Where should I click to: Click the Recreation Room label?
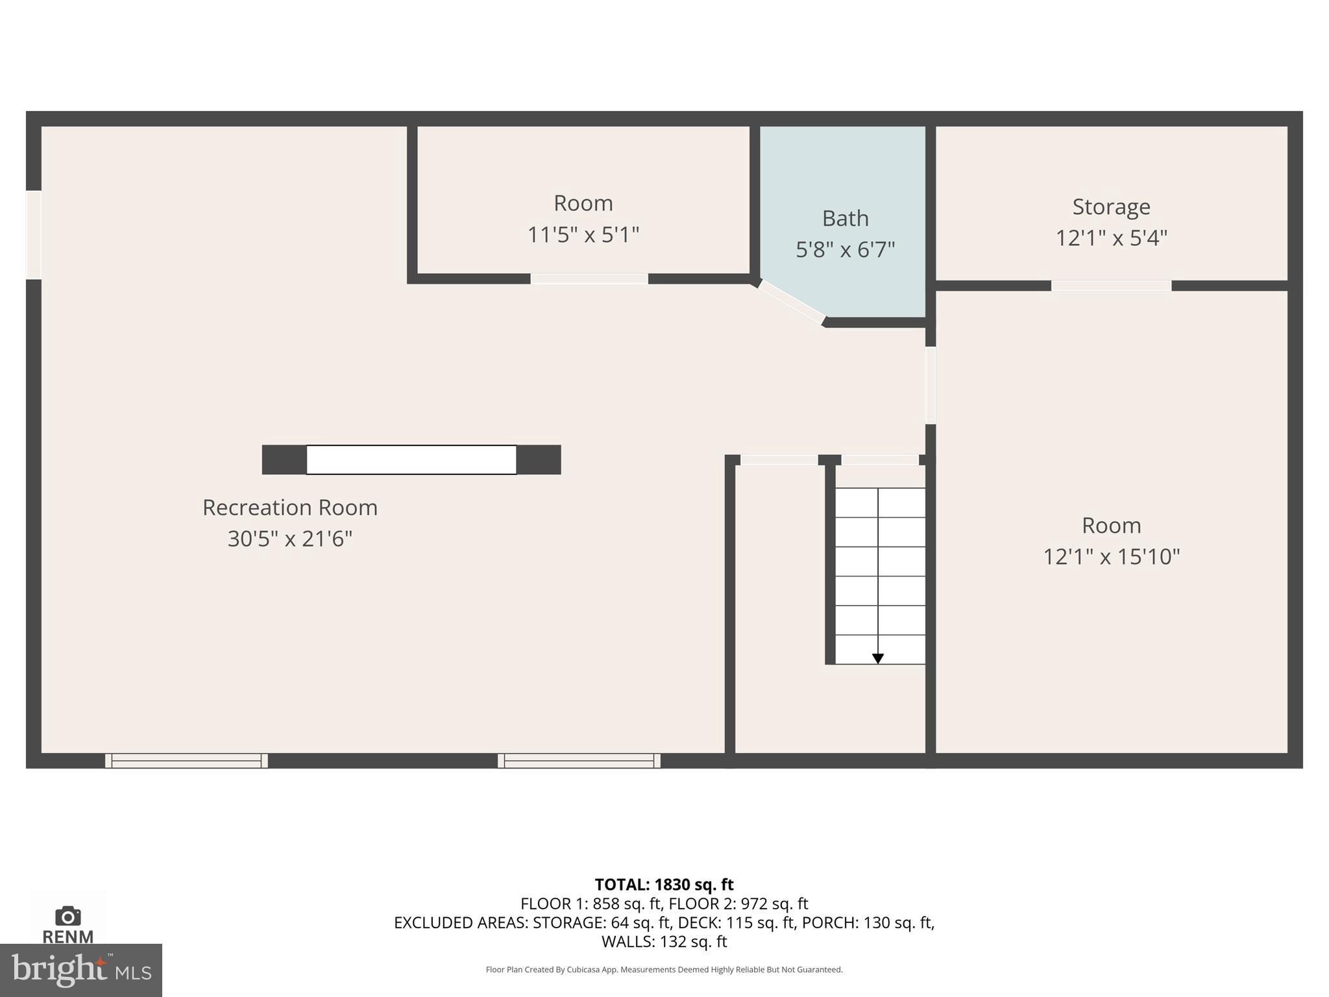(289, 508)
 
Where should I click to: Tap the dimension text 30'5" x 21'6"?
(289, 539)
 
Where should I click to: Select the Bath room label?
(845, 219)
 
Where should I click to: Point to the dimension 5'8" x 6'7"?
(845, 250)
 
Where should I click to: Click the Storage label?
(1111, 207)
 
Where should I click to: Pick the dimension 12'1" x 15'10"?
(1111, 557)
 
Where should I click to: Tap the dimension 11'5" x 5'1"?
(583, 235)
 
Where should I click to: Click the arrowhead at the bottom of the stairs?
(877, 659)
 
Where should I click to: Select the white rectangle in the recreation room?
(411, 460)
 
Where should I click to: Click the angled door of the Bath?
(792, 301)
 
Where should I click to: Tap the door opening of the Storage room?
(1111, 286)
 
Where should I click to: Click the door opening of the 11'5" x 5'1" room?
(589, 279)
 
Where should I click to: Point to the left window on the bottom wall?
(186, 761)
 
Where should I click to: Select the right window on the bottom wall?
(579, 761)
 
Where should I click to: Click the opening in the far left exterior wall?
(34, 235)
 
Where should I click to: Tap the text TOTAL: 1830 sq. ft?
(664, 885)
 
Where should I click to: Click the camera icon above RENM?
(67, 917)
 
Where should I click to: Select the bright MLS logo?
(80, 970)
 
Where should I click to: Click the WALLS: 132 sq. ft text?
(664, 942)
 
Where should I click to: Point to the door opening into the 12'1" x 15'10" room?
(930, 386)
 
